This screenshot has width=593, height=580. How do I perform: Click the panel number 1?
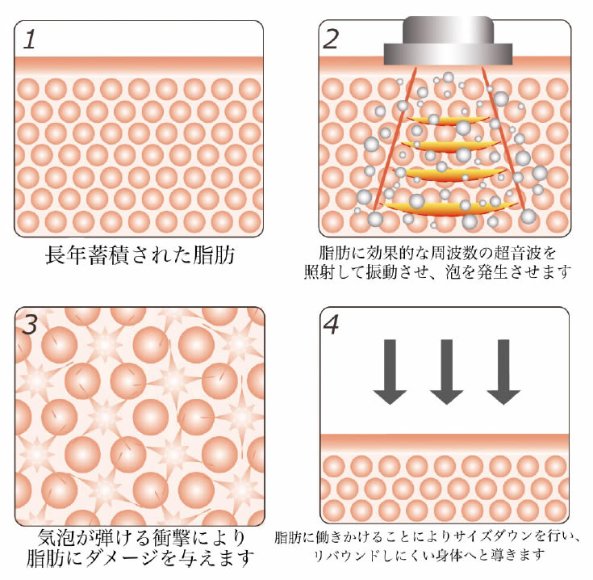[x=30, y=40]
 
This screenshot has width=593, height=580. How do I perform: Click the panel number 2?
[x=331, y=40]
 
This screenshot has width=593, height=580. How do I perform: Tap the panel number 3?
[x=31, y=325]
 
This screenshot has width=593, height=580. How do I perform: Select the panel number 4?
[x=332, y=325]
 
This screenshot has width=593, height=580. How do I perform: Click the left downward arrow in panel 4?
[x=390, y=372]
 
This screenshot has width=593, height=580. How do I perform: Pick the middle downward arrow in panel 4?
[x=447, y=372]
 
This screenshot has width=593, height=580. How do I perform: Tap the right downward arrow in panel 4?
[x=503, y=372]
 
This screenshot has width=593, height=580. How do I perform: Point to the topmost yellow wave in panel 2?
[x=448, y=120]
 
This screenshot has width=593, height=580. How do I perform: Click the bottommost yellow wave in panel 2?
[x=450, y=208]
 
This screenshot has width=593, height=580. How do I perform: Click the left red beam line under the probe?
[x=395, y=139]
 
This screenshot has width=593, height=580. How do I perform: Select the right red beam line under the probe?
[x=503, y=139]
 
